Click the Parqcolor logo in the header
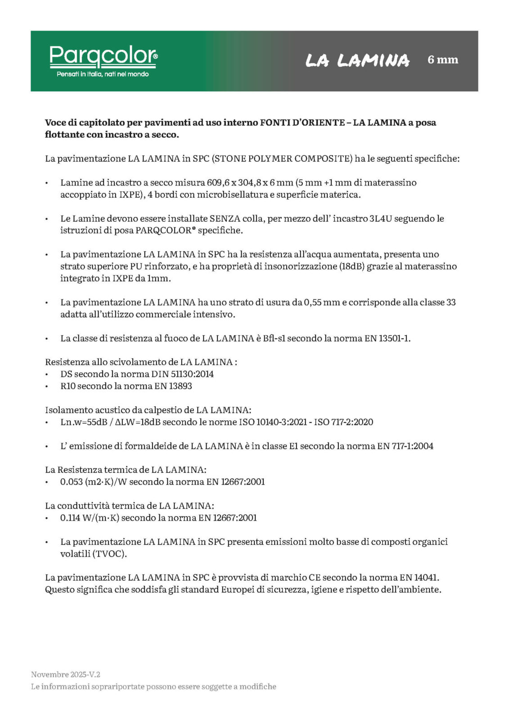click(x=104, y=56)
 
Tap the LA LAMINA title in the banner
click(x=357, y=60)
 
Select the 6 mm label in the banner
click(x=443, y=59)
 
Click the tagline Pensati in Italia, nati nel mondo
click(x=103, y=74)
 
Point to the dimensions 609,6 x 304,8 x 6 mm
click(x=250, y=183)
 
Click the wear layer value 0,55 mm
click(x=322, y=302)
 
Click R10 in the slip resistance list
click(x=68, y=386)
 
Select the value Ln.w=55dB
click(x=84, y=422)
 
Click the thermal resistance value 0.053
click(x=71, y=482)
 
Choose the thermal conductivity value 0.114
click(x=70, y=518)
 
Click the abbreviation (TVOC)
click(x=110, y=554)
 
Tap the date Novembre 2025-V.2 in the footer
click(x=66, y=675)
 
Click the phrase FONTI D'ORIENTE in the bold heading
click(x=302, y=122)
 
